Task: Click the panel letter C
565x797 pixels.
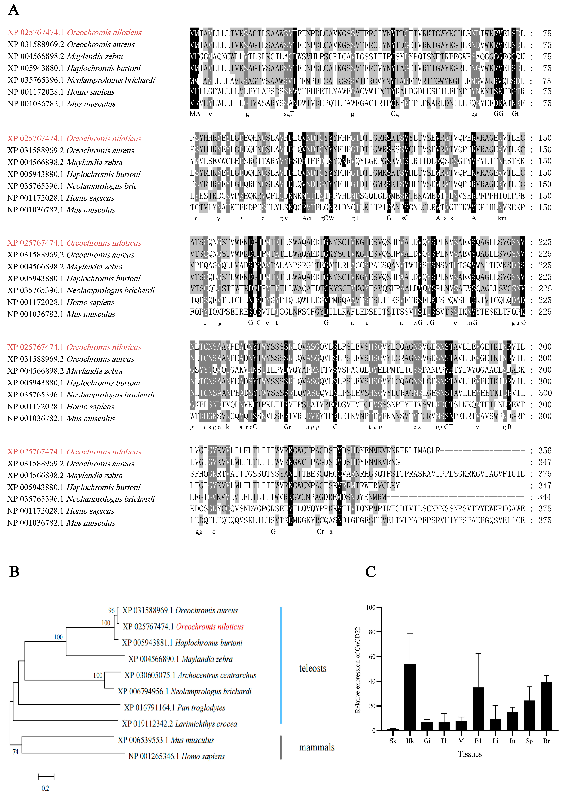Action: (x=370, y=572)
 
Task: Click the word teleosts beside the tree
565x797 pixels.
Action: (x=312, y=668)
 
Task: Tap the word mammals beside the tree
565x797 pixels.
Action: (x=317, y=747)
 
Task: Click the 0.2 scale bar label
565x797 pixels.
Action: (x=45, y=788)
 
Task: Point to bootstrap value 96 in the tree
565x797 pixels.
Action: (x=111, y=611)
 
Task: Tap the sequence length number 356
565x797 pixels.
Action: (x=545, y=451)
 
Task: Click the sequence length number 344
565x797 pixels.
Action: (x=545, y=497)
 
